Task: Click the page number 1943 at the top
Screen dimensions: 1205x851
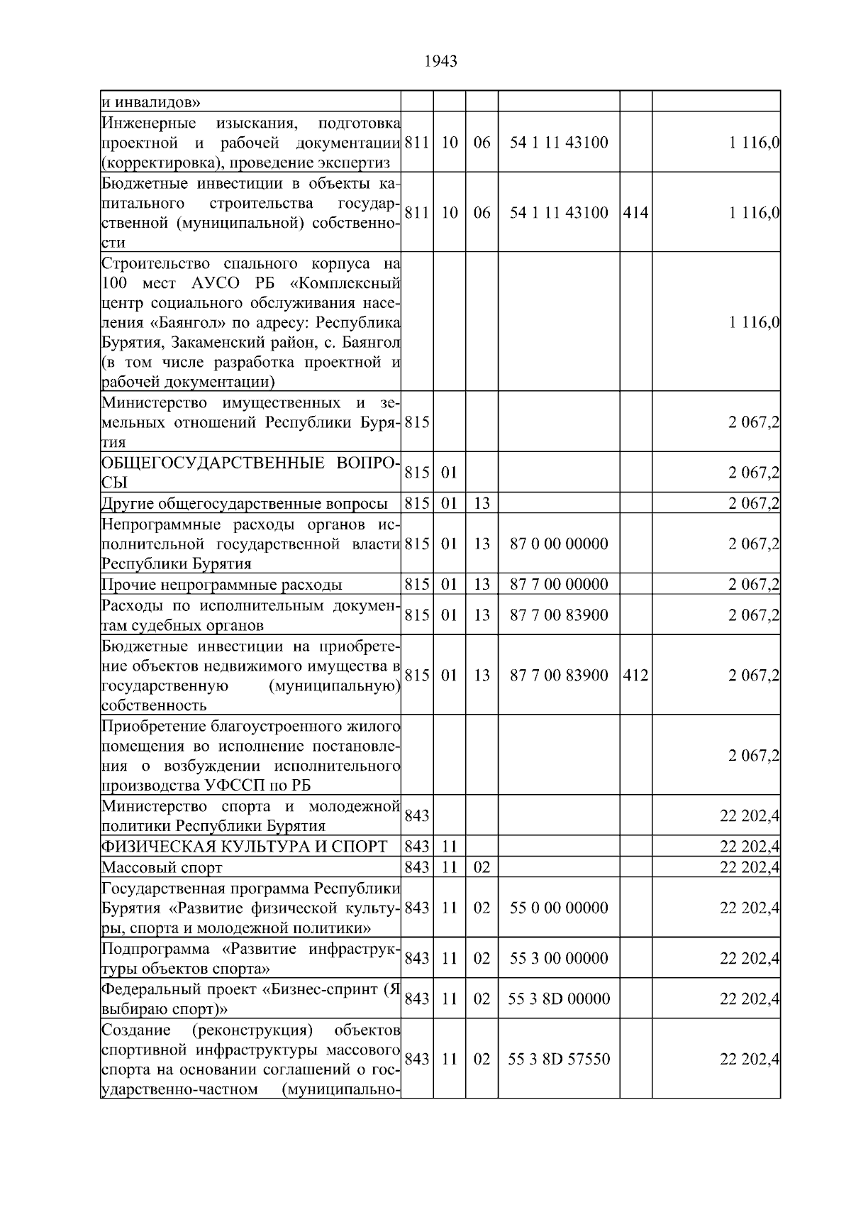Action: (440, 62)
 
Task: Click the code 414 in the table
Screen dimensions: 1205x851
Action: (635, 212)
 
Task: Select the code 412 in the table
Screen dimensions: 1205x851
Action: (635, 675)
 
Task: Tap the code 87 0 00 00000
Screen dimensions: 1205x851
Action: (559, 544)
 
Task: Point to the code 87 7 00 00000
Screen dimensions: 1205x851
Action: (559, 585)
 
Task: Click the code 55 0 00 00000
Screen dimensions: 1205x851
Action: (559, 908)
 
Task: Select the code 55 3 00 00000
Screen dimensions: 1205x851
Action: (559, 959)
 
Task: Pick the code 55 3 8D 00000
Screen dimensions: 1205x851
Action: (559, 999)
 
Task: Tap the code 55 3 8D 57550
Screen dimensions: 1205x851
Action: (559, 1060)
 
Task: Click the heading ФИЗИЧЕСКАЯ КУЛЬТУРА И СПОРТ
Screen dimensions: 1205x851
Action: (245, 847)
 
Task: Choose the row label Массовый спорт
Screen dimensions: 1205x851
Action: (162, 867)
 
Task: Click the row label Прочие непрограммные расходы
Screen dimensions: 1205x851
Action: (221, 585)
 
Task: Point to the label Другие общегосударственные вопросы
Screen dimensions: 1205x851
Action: (245, 504)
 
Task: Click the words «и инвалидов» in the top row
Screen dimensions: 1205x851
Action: (150, 101)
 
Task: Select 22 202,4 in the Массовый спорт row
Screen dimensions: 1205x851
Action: (750, 867)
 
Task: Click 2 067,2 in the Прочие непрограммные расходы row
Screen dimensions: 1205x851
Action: (753, 585)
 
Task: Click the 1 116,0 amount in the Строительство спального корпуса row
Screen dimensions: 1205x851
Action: (755, 323)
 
